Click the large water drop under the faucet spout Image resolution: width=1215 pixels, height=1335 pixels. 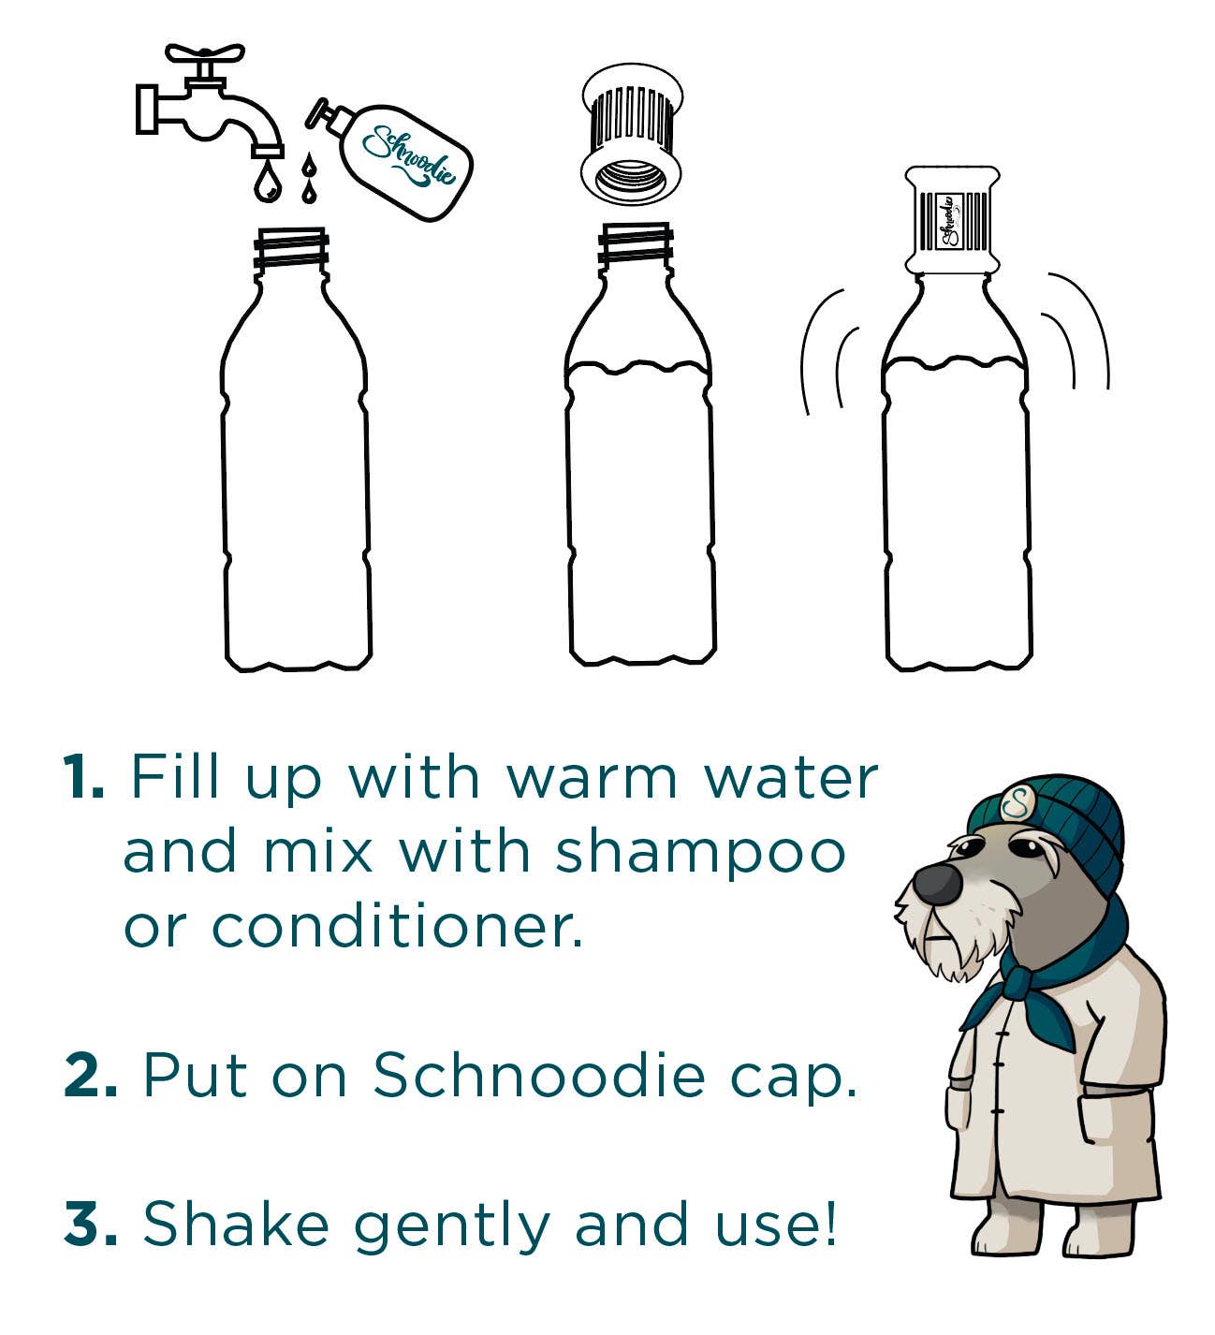tap(267, 182)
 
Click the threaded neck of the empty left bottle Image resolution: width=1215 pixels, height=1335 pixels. tap(291, 248)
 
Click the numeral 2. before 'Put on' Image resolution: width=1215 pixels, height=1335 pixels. tap(91, 1075)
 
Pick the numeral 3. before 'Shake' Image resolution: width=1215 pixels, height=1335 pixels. tap(91, 1225)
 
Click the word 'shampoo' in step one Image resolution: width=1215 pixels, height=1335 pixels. tap(700, 854)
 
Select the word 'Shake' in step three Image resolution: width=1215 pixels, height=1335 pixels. tap(236, 1225)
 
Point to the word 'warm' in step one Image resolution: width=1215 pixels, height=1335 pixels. tap(592, 777)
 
